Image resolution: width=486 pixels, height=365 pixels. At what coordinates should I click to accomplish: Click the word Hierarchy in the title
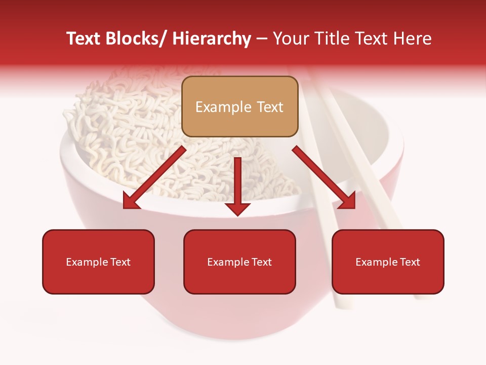pyautogui.click(x=212, y=39)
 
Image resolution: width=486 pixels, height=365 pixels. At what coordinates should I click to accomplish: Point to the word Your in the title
pyautogui.click(x=290, y=39)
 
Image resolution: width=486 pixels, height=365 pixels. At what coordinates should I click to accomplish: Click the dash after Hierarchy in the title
pyautogui.click(x=261, y=39)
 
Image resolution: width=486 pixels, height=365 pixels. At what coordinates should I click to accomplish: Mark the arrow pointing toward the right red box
pyautogui.click(x=324, y=178)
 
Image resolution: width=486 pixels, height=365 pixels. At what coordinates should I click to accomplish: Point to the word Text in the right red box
pyautogui.click(x=410, y=262)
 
